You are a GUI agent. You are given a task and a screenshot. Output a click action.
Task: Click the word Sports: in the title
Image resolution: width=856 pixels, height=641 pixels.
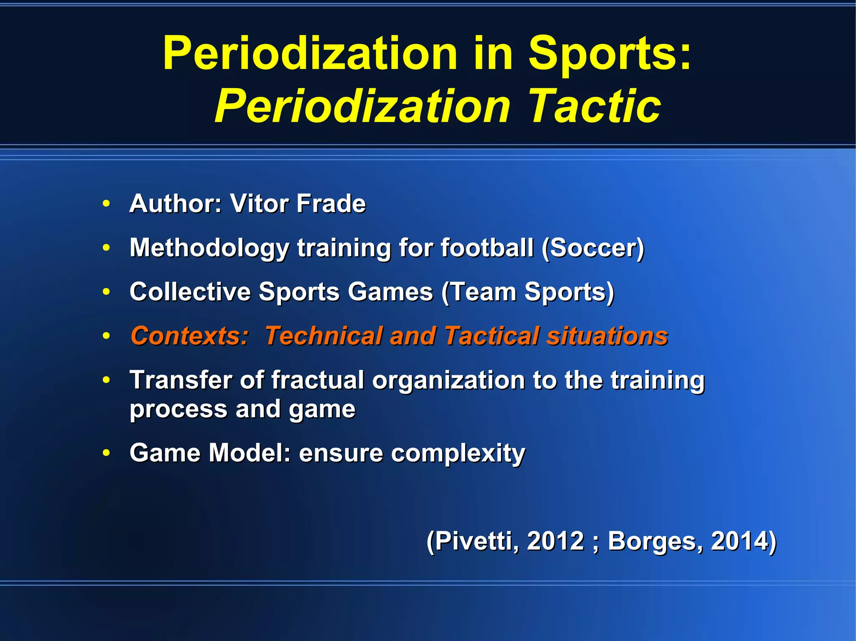coord(610,54)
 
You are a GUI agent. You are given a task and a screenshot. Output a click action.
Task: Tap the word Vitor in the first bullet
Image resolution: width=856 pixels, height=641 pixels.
coord(259,204)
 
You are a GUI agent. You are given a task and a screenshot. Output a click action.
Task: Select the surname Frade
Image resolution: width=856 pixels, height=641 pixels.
coord(331,204)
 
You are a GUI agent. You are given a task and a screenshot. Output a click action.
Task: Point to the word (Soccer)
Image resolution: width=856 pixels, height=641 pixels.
coord(593,248)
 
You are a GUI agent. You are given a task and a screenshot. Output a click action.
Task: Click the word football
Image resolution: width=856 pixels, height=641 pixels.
coord(487,248)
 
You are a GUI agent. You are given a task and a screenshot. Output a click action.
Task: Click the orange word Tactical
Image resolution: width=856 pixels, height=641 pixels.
coord(492,336)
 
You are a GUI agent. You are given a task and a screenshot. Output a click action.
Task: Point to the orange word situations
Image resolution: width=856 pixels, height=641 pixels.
coord(607,336)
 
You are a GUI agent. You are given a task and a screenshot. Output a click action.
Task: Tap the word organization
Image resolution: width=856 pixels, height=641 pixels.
coord(448,381)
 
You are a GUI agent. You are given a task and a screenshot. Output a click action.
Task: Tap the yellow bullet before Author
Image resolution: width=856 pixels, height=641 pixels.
coord(107,204)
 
